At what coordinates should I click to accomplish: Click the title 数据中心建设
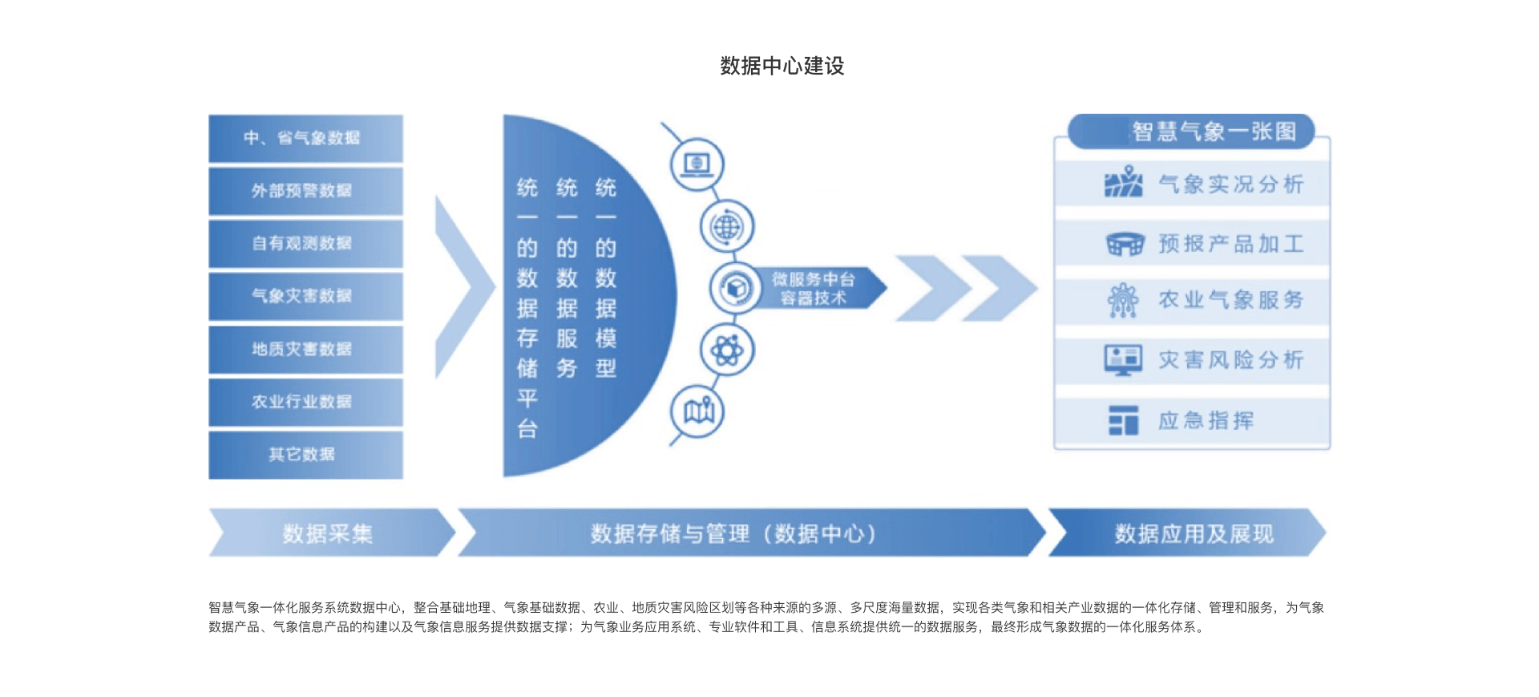tap(782, 66)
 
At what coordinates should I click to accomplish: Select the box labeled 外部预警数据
tap(305, 191)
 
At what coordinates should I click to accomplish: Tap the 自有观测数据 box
tap(305, 243)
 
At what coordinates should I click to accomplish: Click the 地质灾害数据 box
tap(305, 349)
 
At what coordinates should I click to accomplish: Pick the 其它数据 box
tap(305, 455)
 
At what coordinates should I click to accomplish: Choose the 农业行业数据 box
tap(305, 402)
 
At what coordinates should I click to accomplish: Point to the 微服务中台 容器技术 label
tap(814, 289)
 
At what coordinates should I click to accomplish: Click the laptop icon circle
tap(697, 164)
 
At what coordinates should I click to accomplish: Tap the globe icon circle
tap(727, 227)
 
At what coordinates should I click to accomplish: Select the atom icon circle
tap(727, 351)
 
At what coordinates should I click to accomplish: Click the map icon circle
tap(697, 412)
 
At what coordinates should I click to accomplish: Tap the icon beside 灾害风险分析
tap(1123, 360)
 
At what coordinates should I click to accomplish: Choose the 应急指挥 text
tap(1206, 421)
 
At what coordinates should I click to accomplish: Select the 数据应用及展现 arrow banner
tap(1192, 533)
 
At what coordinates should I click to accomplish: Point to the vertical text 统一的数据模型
tap(606, 278)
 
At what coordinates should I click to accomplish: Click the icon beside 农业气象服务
tap(1123, 301)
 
